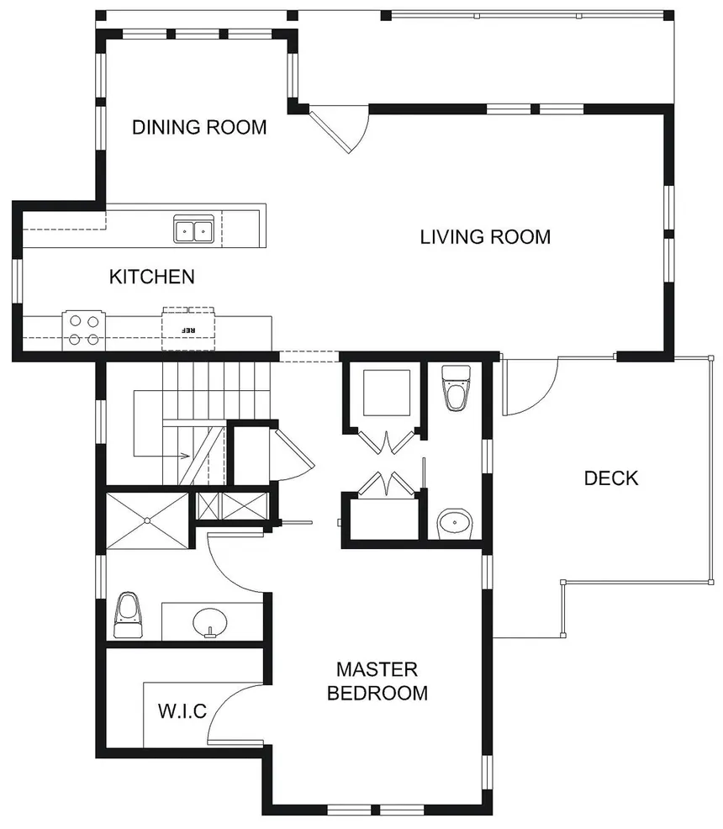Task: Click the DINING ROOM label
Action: (x=200, y=128)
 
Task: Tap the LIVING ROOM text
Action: (x=485, y=237)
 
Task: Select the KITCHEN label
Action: (x=152, y=277)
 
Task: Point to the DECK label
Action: (x=611, y=478)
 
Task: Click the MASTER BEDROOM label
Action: (x=377, y=681)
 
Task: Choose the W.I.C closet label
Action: (x=182, y=711)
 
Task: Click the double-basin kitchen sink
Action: (x=193, y=230)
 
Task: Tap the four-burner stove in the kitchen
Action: (x=82, y=330)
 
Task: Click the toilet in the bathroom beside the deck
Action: (x=456, y=388)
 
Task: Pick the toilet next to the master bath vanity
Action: (x=128, y=615)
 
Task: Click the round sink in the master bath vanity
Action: (x=209, y=622)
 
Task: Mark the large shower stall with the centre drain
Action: (x=147, y=520)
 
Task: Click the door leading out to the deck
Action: (x=531, y=387)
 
